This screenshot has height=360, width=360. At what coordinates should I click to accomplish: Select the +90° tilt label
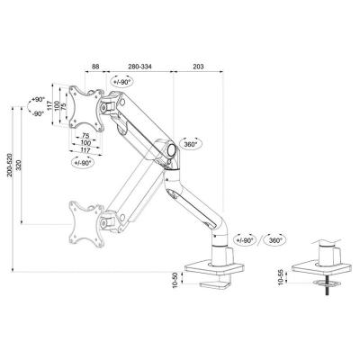(x=37, y=100)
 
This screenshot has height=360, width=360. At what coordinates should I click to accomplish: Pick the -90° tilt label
(x=37, y=114)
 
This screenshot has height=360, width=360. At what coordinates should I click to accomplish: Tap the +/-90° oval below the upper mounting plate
(x=78, y=163)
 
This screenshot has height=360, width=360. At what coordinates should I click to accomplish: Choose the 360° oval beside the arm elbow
(x=192, y=143)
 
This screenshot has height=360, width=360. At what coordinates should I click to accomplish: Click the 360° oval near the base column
(x=275, y=240)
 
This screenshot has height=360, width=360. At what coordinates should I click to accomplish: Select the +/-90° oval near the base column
(x=245, y=240)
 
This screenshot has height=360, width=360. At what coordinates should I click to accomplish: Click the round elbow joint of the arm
(x=168, y=148)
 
